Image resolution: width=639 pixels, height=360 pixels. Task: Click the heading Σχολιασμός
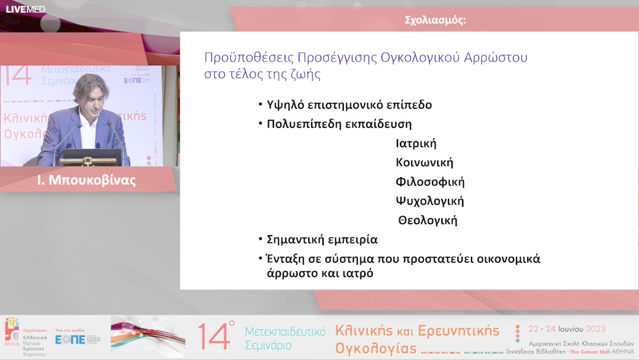pos(435,20)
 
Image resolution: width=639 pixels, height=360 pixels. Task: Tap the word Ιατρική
pos(416,144)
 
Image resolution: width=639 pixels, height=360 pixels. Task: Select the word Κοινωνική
pos(424,163)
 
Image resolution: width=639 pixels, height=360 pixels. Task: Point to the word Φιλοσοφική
pos(430,182)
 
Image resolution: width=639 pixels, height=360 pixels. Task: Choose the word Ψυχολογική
pos(430,201)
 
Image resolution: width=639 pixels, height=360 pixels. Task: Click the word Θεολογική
pos(428,220)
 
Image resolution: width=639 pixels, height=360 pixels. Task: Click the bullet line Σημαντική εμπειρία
pos(321,240)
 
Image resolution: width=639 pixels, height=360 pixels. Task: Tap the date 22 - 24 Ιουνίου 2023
pos(566,329)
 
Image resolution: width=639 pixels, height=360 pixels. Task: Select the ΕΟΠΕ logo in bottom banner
pos(70,339)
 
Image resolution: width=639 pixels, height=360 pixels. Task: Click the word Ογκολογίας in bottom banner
pos(376,348)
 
